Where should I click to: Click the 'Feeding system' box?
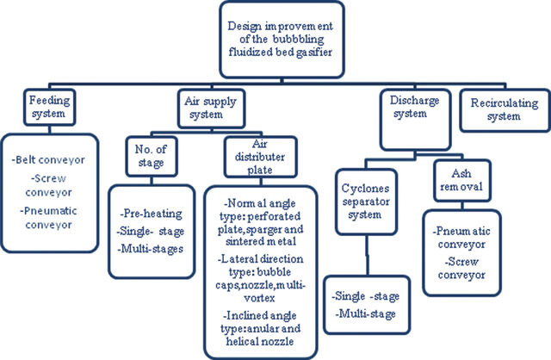[x=50, y=108]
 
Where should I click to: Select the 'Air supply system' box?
[x=211, y=109]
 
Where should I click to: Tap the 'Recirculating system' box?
[x=505, y=110]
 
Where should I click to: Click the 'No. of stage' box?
[x=152, y=156]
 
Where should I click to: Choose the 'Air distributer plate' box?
[x=260, y=157]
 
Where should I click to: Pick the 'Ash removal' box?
[x=461, y=180]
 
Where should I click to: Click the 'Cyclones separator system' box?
[x=366, y=202]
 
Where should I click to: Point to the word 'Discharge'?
[x=414, y=100]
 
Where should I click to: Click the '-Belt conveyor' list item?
[x=48, y=160]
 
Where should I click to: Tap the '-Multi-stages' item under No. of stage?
[x=151, y=249]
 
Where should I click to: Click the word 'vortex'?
[x=259, y=298]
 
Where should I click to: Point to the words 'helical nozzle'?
[x=260, y=341]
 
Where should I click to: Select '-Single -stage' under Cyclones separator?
[x=365, y=296]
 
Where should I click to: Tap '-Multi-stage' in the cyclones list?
[x=365, y=313]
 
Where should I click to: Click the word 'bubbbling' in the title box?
[x=298, y=39]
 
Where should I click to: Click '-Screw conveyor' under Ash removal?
[x=461, y=268]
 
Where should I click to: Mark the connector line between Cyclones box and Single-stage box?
[x=368, y=256]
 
